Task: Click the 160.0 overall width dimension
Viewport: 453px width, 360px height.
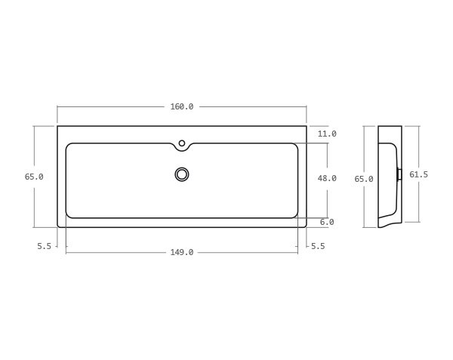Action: (x=181, y=106)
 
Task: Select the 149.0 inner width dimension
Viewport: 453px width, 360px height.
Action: (x=181, y=252)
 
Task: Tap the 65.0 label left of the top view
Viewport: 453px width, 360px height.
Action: (x=34, y=177)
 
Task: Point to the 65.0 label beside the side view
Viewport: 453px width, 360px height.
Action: (x=364, y=179)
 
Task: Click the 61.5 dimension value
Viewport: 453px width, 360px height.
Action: (x=418, y=174)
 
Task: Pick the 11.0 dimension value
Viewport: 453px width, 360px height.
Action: (x=327, y=134)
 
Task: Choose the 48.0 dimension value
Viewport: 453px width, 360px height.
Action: (x=327, y=178)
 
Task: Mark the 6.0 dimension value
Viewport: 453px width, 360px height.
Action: (x=327, y=222)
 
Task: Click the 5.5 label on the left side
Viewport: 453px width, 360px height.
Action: (x=44, y=246)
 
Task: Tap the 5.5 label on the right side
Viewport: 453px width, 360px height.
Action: (x=318, y=246)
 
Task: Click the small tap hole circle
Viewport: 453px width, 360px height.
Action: (x=182, y=143)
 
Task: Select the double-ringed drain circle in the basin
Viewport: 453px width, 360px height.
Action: (x=182, y=174)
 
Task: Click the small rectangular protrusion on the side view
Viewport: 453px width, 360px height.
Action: (x=399, y=174)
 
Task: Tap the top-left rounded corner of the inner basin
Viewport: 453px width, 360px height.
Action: (x=69, y=146)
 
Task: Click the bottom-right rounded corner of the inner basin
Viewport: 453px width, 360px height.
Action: (x=295, y=215)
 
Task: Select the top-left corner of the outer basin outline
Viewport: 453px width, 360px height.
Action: (x=57, y=126)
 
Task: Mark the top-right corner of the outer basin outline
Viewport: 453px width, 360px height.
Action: (x=307, y=126)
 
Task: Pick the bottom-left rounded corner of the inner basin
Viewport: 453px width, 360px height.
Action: (x=69, y=215)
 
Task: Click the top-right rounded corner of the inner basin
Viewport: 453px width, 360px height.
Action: (x=295, y=146)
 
